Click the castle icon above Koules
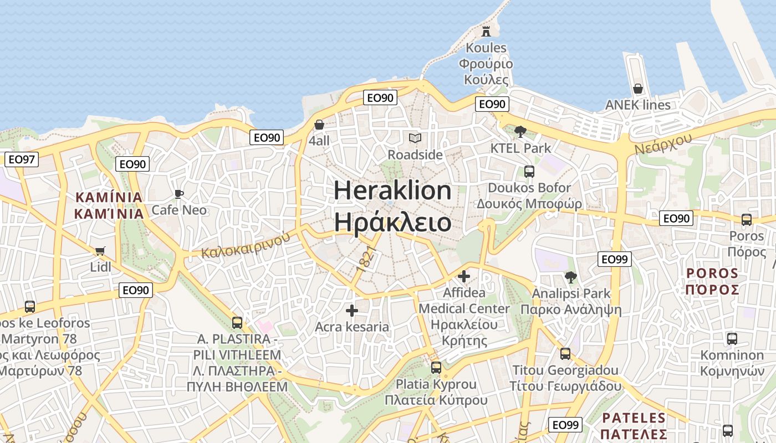[x=486, y=30]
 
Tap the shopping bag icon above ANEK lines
[x=638, y=89]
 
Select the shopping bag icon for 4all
[x=319, y=125]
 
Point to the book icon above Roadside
[x=415, y=138]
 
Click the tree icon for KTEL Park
[x=520, y=131]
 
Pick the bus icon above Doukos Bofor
[x=529, y=171]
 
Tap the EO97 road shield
[x=22, y=159]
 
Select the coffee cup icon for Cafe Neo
[x=178, y=194]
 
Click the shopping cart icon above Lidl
[x=100, y=251]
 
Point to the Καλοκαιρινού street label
[x=246, y=245]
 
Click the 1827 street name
[x=367, y=258]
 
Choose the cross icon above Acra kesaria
[x=352, y=311]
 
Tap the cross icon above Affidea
[x=464, y=276]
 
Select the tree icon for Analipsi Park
[x=570, y=277]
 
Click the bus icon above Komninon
[x=732, y=338]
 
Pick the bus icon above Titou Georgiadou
[x=565, y=353]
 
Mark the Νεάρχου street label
[x=663, y=143]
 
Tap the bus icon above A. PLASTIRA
[x=237, y=322]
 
